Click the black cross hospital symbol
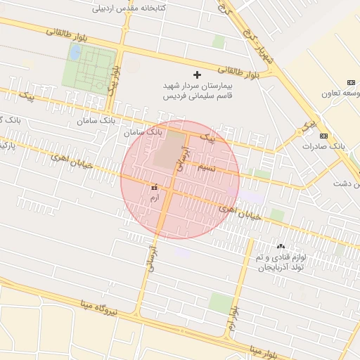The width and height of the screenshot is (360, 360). pyautogui.click(x=197, y=74)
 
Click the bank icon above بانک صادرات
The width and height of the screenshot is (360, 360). pyautogui.click(x=323, y=135)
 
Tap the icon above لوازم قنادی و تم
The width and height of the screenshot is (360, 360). pyautogui.click(x=281, y=246)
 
